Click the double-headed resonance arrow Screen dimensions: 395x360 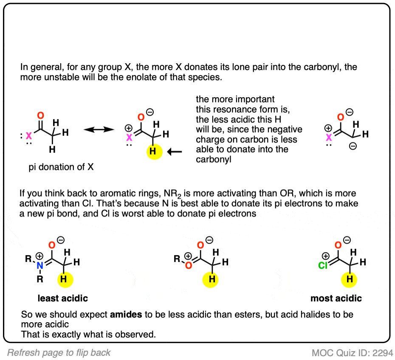99,129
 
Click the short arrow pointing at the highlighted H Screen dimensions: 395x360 175,152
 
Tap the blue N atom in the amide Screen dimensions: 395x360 40,265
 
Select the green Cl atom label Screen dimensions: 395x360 323,265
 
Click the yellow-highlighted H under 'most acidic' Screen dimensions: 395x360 349,279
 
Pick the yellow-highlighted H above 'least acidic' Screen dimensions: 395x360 65,279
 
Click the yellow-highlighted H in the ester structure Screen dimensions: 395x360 210,279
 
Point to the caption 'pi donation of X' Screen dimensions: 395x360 61,167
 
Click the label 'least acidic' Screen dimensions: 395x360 63,298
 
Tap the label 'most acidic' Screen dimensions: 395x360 336,298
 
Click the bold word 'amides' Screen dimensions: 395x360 126,315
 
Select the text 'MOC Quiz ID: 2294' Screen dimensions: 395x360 352,353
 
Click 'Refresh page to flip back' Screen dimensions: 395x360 59,353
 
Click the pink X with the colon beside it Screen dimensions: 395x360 29,136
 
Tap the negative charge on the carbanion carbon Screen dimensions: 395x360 353,146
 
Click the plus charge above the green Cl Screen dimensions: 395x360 325,256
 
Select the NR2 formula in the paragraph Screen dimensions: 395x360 172,194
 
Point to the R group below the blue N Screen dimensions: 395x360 40,279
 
